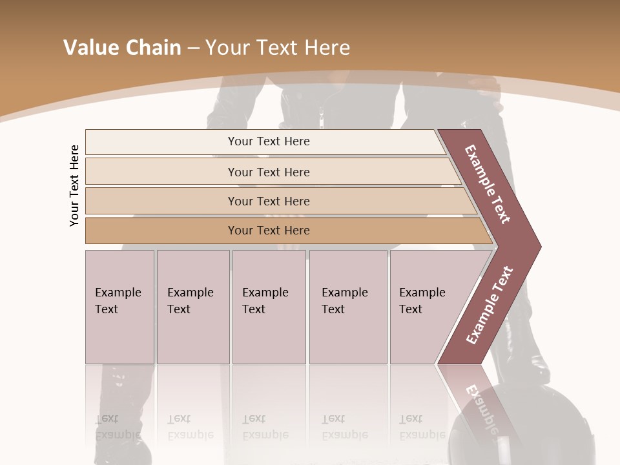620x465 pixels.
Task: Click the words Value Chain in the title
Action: tap(122, 47)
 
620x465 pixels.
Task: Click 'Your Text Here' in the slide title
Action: tap(278, 47)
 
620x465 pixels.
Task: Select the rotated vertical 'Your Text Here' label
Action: tap(74, 185)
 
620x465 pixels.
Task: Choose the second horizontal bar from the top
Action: tap(268, 172)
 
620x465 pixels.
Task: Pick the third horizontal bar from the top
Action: tap(268, 201)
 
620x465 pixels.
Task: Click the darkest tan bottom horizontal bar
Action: tap(268, 231)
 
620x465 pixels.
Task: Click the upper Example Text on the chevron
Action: tap(488, 184)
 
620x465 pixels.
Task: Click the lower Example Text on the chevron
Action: tap(489, 305)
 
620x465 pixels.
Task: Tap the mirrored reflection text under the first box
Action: tap(118, 427)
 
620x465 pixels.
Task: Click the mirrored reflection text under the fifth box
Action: tap(422, 427)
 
